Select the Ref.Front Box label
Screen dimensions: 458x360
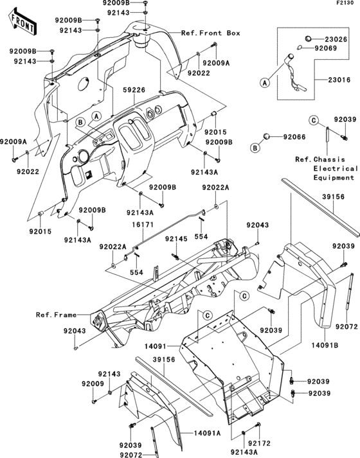pos(210,33)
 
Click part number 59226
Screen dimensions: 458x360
pos(134,92)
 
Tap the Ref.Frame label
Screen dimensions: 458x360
pos(57,315)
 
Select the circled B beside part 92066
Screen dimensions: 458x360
pos(255,148)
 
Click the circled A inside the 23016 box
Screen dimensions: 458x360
pos(263,82)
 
